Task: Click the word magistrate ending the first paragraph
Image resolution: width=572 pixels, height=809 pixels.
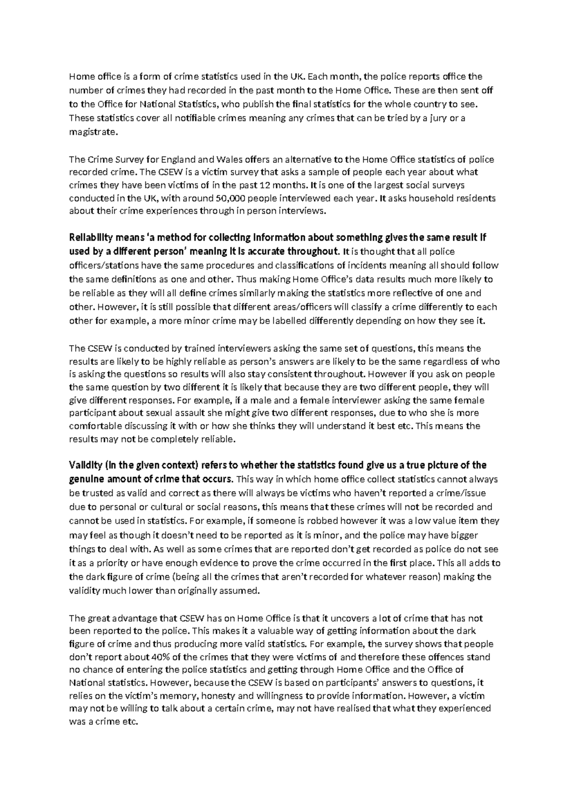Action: click(92, 132)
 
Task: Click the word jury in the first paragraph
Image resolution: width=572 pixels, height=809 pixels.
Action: click(429, 118)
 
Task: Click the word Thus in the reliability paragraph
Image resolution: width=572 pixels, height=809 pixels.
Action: click(245, 279)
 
